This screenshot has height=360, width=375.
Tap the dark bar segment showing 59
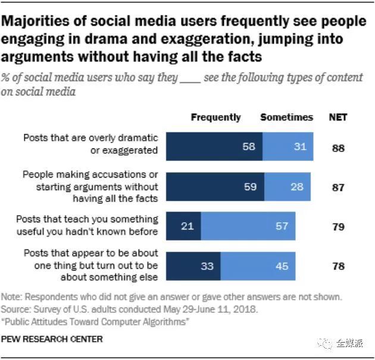coord(214,187)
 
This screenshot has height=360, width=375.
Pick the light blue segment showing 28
coord(288,187)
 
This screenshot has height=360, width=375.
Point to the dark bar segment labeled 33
coord(193,266)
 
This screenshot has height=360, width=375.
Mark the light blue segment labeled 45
coord(258,266)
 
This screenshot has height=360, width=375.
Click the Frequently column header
coord(215,117)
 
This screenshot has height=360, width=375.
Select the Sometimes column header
coord(286,117)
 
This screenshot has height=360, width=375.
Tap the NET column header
coord(338,117)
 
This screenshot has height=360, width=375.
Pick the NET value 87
coord(338,187)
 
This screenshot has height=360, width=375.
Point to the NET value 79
coord(338,227)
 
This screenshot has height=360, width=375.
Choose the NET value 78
coord(338,266)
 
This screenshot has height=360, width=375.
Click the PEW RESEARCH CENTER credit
coord(52,339)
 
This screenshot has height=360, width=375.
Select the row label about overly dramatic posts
coord(90,144)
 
